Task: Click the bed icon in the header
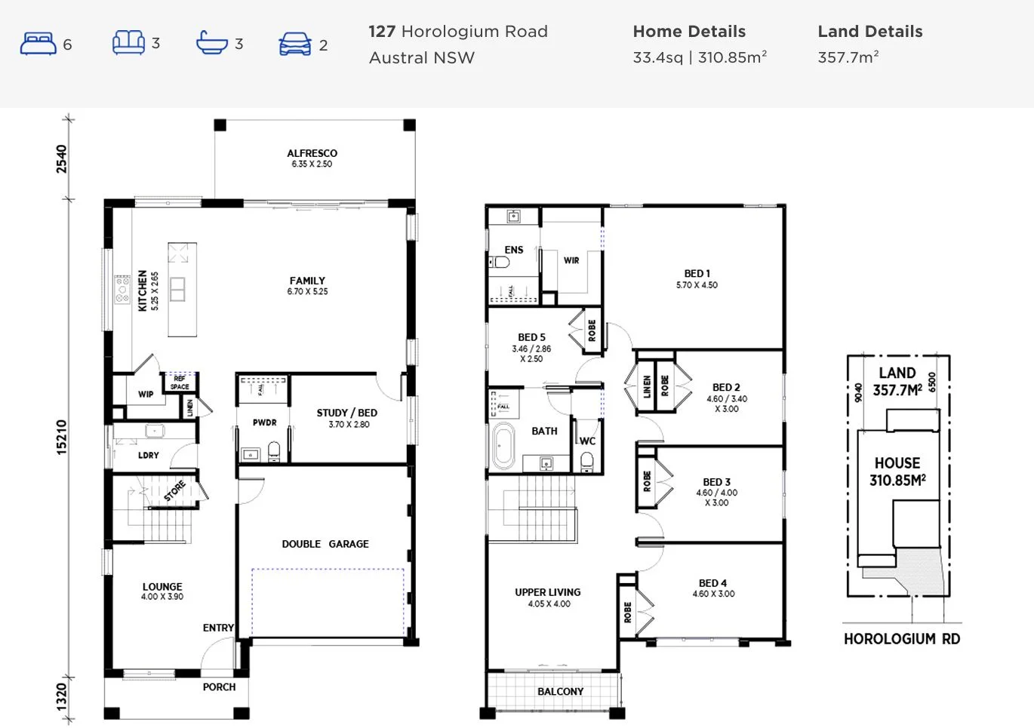click(x=38, y=44)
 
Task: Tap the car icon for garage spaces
click(x=294, y=44)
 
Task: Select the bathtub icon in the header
click(x=212, y=43)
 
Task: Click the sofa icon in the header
click(x=128, y=43)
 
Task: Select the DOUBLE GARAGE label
click(x=325, y=544)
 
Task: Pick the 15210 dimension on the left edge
click(x=62, y=437)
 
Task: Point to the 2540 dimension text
click(x=62, y=159)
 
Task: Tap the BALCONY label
click(x=560, y=692)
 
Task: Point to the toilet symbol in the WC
click(x=587, y=459)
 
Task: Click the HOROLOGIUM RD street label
click(x=901, y=639)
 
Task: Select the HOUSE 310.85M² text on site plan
click(x=897, y=472)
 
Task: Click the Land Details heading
click(x=869, y=32)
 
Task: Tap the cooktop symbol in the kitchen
click(x=122, y=290)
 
